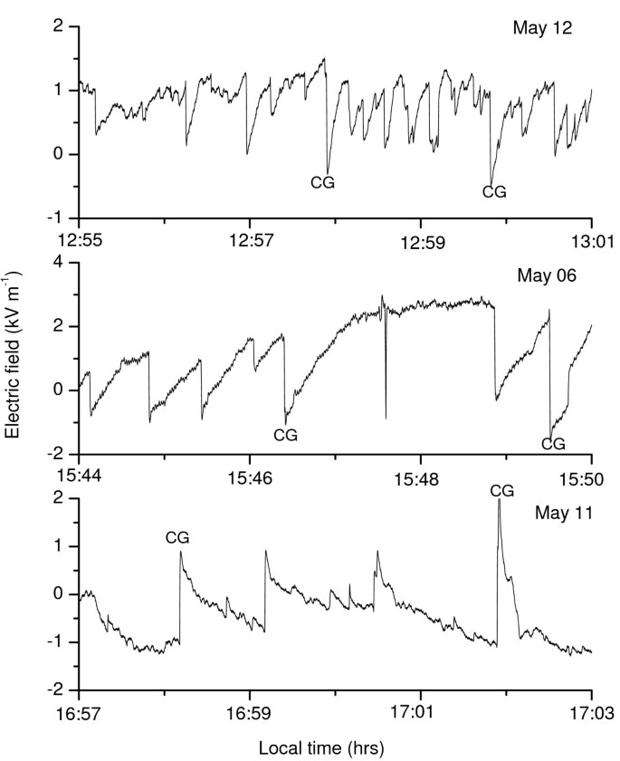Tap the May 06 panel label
click(x=539, y=274)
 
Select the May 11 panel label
click(x=562, y=513)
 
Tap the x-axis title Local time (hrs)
click(x=321, y=748)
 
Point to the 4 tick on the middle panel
click(x=63, y=262)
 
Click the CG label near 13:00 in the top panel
click(x=494, y=191)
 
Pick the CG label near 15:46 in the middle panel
click(x=285, y=435)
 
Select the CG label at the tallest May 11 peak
click(x=501, y=490)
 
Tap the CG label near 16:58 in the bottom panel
click(x=178, y=537)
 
